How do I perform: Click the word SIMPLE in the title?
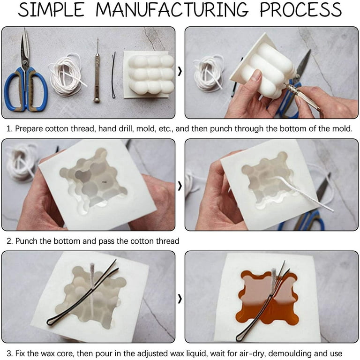[x=51, y=10]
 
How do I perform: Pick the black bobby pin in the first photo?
[x=113, y=75]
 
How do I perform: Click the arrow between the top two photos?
[x=180, y=73]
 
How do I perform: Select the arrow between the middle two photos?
[x=180, y=186]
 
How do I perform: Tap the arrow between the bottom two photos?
[x=180, y=298]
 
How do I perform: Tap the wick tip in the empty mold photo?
[x=92, y=271]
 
